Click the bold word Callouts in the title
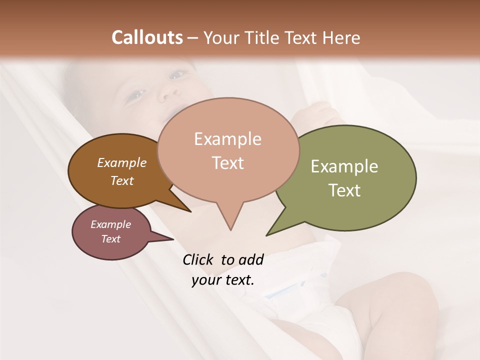coord(147,37)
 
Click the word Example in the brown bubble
coord(122,163)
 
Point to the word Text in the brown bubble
coord(122,180)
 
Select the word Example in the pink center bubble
coord(227,139)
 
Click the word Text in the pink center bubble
coord(227,163)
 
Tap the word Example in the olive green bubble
coord(344,166)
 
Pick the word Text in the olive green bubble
coord(344,190)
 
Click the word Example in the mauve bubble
coord(111,224)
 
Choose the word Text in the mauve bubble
coord(111,239)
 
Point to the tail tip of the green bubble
coord(267,235)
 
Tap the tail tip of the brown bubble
coord(190,211)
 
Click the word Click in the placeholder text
coord(198,259)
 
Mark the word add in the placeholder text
coord(250,259)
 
